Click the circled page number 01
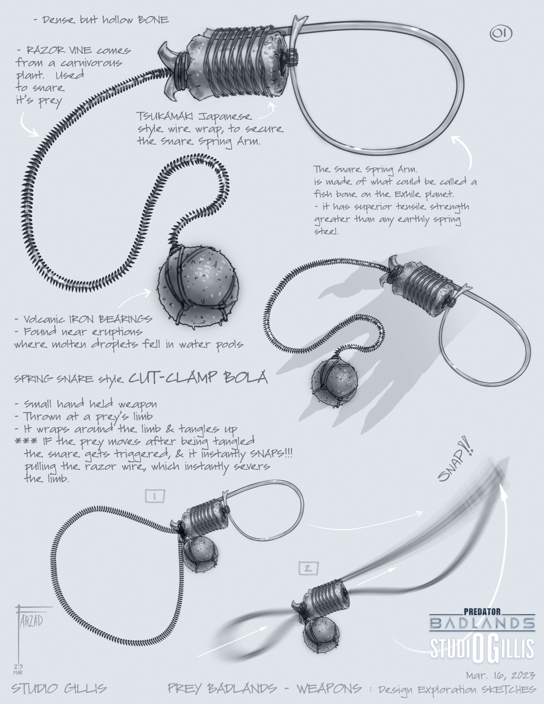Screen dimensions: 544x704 pos(501,34)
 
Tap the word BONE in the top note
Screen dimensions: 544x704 pos(153,20)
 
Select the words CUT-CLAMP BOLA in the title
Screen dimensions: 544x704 pos(198,377)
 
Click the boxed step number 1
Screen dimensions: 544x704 pos(155,496)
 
